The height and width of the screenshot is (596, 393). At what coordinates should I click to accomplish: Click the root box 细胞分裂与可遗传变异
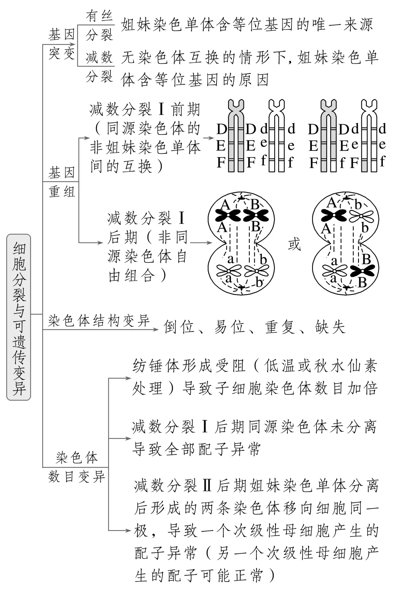(19, 317)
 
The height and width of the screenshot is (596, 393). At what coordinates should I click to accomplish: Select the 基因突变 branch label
(61, 44)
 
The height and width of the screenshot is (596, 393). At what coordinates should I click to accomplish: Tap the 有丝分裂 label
(99, 25)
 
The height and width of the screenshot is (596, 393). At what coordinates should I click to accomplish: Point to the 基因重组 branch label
(62, 181)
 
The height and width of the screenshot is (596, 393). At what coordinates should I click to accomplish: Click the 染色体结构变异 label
(99, 321)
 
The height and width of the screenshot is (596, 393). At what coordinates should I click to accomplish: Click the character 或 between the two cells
(294, 245)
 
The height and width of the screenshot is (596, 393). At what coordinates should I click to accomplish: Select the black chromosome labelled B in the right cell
(362, 271)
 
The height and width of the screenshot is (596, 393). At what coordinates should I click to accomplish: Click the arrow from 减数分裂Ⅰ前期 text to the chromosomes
(209, 138)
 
